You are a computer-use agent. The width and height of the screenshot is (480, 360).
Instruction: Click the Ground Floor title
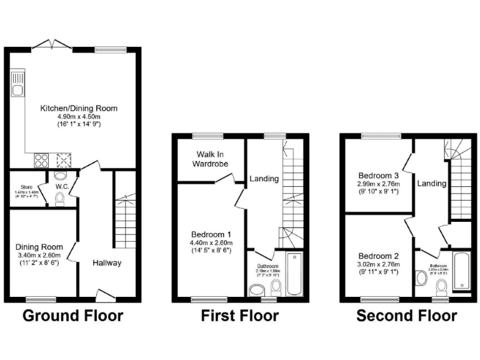click(73, 316)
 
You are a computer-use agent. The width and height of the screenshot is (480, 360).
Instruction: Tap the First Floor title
click(240, 316)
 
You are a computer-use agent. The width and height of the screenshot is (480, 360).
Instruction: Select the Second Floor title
click(406, 316)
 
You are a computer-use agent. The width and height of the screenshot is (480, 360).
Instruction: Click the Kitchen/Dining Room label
click(79, 108)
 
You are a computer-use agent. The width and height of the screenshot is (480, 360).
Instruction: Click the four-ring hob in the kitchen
click(41, 159)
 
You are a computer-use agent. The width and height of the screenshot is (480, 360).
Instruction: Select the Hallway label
click(107, 262)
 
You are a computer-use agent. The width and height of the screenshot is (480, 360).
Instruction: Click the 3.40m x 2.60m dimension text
click(40, 256)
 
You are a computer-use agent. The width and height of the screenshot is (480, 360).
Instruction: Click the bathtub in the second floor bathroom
click(461, 270)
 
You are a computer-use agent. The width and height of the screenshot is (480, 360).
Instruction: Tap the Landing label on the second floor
click(432, 183)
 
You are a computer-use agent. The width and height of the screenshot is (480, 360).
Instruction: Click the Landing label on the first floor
click(264, 179)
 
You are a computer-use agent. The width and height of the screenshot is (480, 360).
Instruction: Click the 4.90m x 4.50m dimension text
click(79, 116)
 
